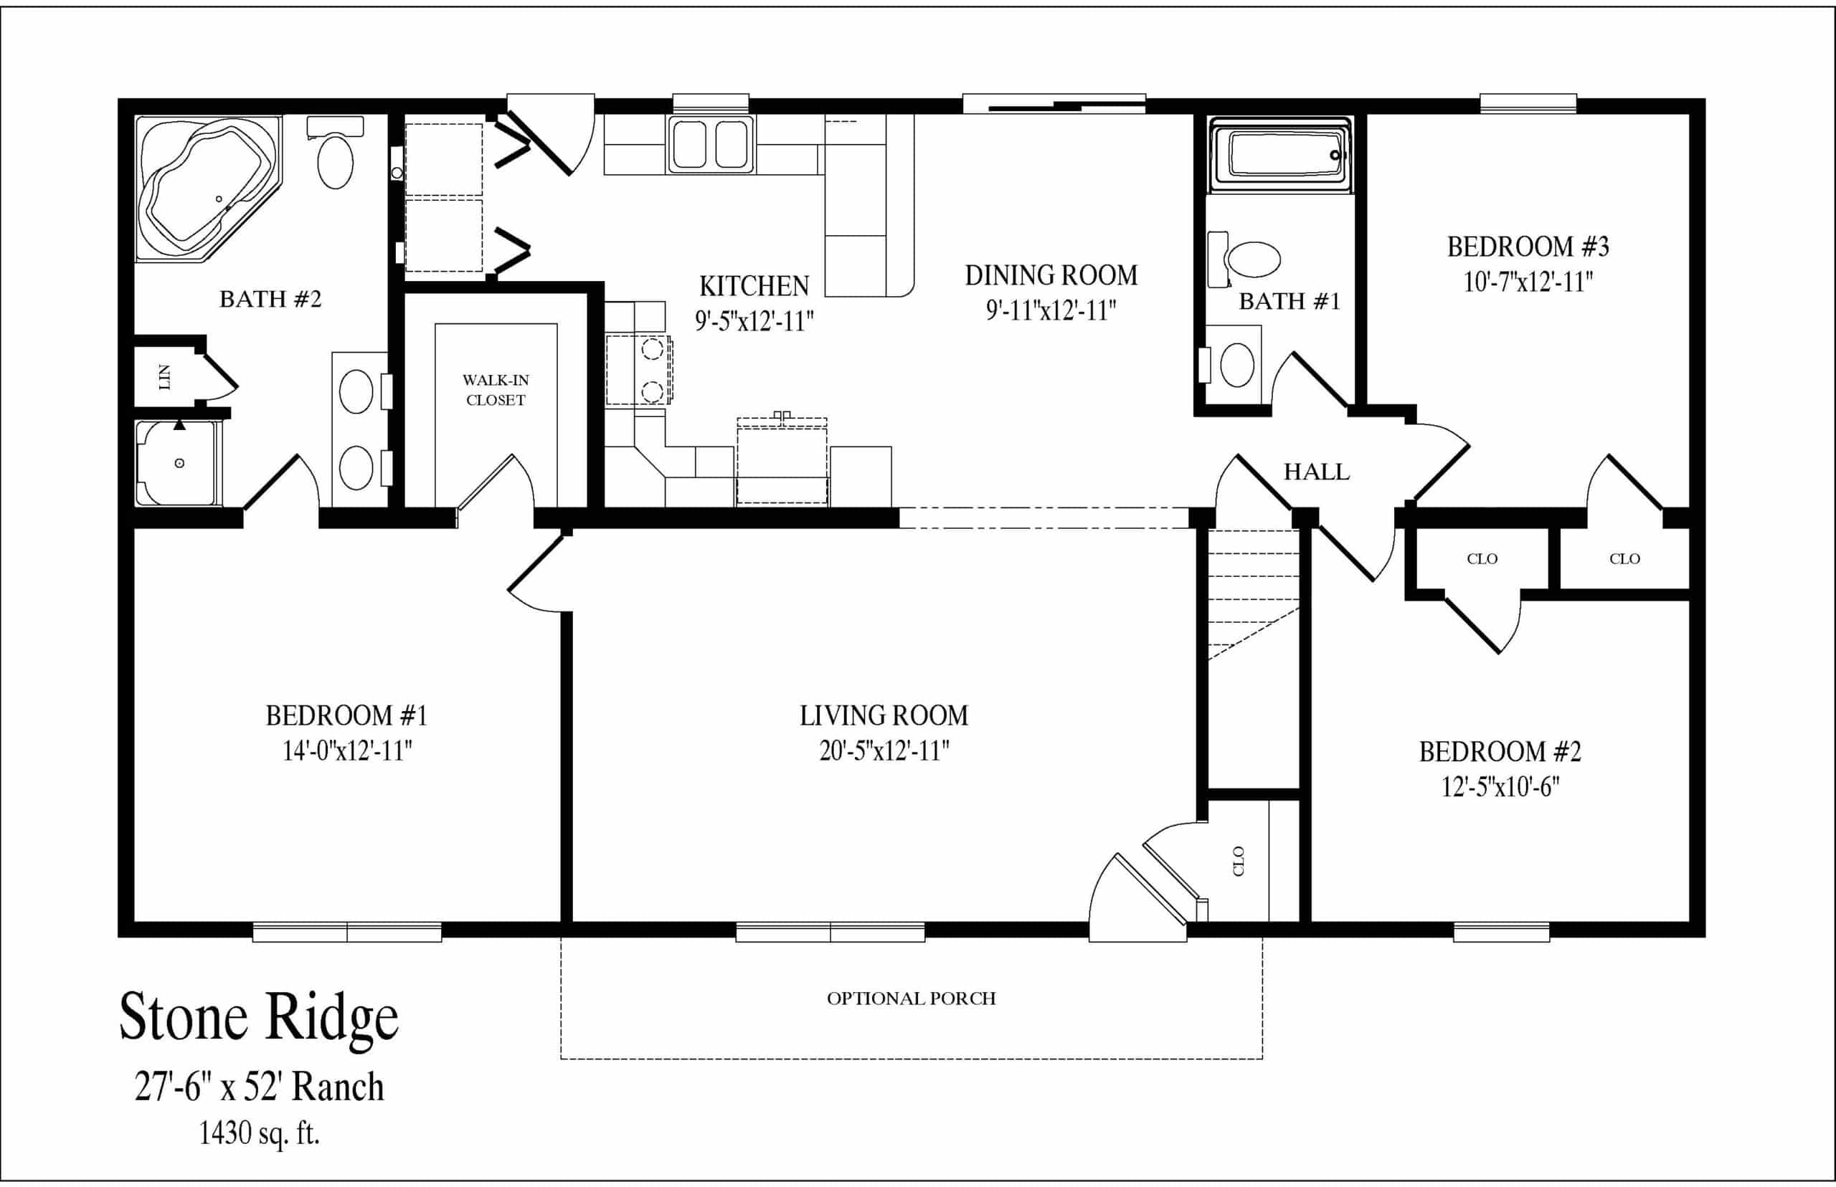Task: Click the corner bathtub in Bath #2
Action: coord(207,188)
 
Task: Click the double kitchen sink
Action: coord(711,144)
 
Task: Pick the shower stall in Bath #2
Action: coord(178,463)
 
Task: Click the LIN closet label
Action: coord(164,378)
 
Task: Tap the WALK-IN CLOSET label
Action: coord(495,390)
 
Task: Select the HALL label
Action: coord(1316,472)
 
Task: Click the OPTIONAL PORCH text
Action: coord(912,998)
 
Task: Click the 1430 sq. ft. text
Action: coord(259,1133)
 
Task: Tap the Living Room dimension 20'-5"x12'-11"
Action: coord(884,750)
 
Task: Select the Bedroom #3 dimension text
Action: coord(1528,282)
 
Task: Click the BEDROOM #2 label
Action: coord(1500,751)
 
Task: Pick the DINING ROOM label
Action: coord(1051,275)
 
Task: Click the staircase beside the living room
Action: coord(1253,593)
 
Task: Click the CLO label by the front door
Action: coord(1239,860)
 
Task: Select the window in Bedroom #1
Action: coord(347,933)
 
